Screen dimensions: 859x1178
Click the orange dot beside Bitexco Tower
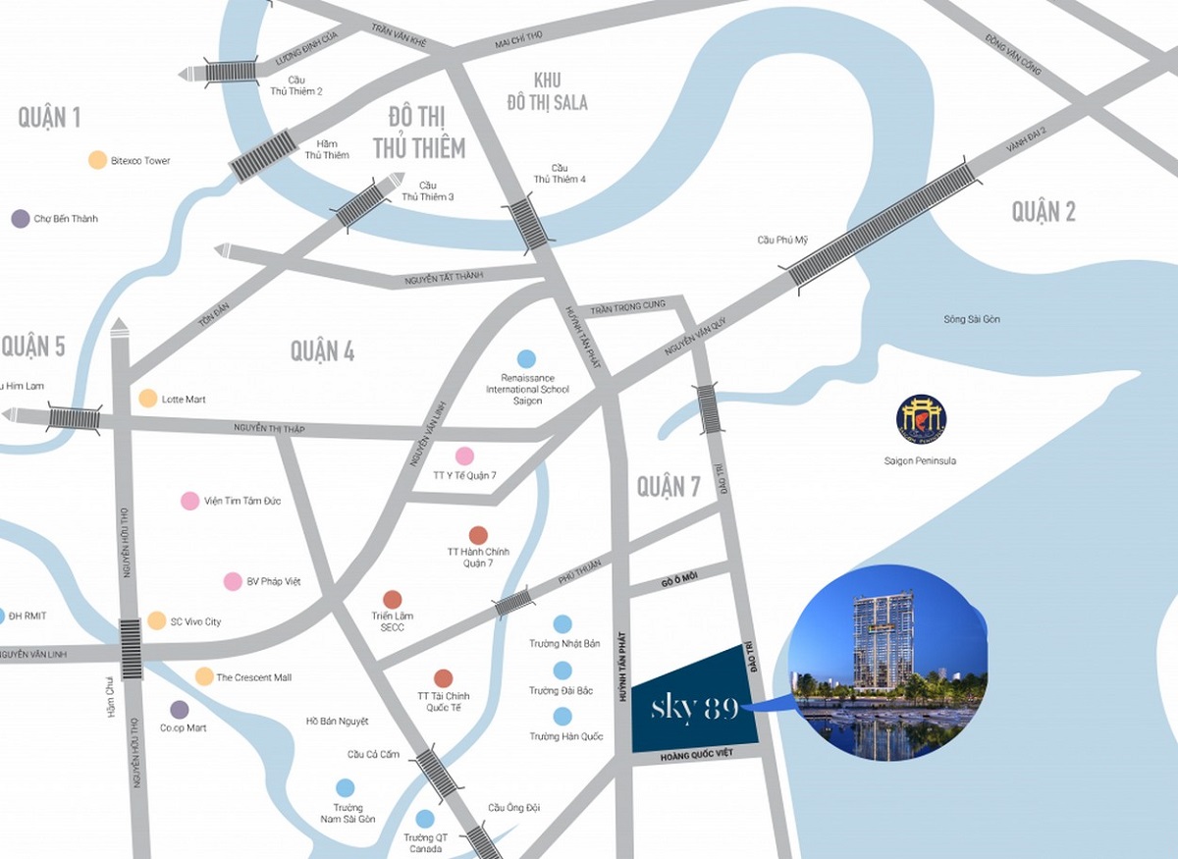pos(97,160)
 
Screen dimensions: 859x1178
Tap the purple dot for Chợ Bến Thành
pos(20,219)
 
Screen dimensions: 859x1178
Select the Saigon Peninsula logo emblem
pos(921,419)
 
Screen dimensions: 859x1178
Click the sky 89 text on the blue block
pos(695,708)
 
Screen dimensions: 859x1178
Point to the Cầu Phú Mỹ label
pos(781,240)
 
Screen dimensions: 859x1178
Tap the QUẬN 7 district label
pos(669,486)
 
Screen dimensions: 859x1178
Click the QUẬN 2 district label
pos(1044,211)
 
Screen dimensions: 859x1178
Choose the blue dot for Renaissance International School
pos(526,359)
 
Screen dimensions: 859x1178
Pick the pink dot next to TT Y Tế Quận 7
pos(464,456)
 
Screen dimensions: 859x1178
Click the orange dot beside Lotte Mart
pos(147,398)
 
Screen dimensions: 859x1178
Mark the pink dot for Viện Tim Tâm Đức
pos(188,501)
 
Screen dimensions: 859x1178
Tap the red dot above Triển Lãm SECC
pos(392,599)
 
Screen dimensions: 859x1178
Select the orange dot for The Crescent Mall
pos(204,676)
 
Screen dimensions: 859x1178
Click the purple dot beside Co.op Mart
pos(179,709)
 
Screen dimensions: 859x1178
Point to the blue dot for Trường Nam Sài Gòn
pos(345,787)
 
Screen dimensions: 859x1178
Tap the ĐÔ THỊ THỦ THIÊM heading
pos(418,134)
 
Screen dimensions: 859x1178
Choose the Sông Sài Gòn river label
pos(972,320)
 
